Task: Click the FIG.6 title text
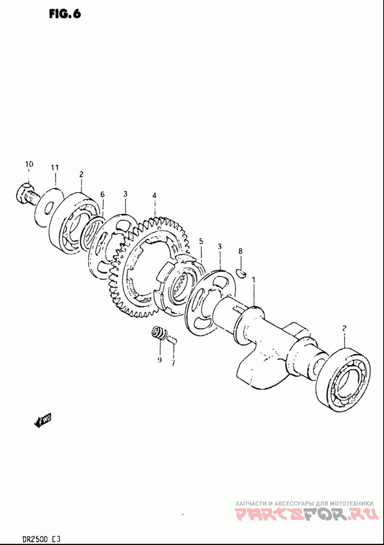64,13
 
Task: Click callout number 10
29,164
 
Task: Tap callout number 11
55,167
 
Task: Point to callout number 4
155,196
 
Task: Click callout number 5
201,241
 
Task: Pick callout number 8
240,251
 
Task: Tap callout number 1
254,279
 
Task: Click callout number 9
159,359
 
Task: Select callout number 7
173,362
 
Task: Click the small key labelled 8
242,274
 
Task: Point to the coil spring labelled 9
157,332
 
